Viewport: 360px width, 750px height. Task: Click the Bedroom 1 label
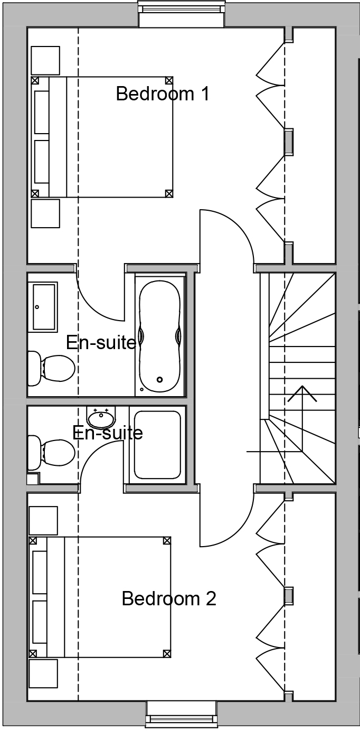163,94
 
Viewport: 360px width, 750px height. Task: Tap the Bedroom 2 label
168,598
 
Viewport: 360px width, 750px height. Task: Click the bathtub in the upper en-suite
160,336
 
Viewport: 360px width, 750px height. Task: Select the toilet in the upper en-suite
51,368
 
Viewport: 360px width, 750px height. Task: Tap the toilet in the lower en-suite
51,453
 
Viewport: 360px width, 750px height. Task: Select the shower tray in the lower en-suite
157,445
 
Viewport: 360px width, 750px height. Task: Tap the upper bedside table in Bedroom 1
45,60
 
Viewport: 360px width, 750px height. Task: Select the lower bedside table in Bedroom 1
45,213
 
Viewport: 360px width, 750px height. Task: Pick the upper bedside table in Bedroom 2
43,520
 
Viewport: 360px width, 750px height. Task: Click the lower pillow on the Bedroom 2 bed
40,622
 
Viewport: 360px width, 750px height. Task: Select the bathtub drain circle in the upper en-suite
159,379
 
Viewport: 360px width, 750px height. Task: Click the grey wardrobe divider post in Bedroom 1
289,142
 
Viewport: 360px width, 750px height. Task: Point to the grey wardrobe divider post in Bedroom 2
289,596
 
